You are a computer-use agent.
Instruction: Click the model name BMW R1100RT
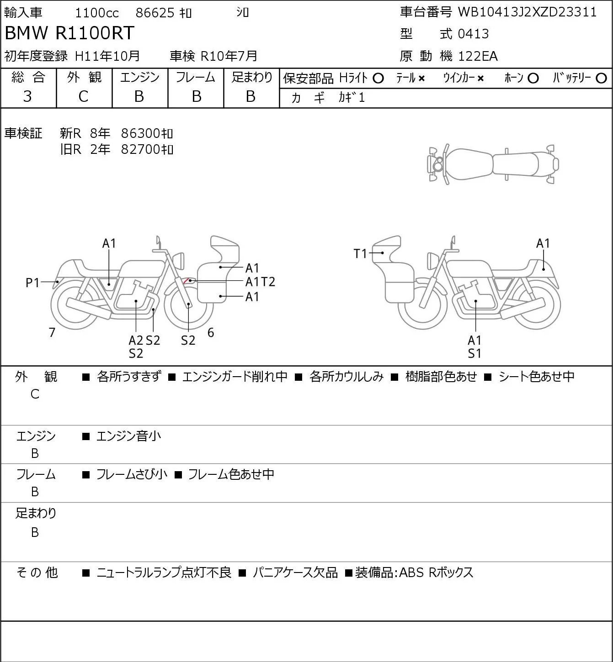[69, 33]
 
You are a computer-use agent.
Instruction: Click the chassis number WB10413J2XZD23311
[527, 12]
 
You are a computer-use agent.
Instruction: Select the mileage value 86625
[155, 13]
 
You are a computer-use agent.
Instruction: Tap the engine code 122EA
[478, 56]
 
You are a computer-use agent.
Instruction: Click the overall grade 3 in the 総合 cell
[27, 96]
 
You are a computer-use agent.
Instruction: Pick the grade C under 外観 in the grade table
[84, 97]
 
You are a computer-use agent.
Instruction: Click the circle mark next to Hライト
[378, 79]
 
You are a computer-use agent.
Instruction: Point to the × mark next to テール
[421, 79]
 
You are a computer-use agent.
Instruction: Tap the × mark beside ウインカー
[480, 79]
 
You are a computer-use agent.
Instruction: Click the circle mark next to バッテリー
[601, 79]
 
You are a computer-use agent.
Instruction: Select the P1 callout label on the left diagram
[33, 283]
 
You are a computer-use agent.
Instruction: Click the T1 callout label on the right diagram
[360, 254]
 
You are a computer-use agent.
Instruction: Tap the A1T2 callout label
[260, 282]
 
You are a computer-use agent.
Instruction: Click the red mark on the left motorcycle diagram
[186, 280]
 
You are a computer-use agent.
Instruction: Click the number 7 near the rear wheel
[52, 332]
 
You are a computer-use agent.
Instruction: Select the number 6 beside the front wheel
[211, 332]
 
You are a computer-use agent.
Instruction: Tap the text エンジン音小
[128, 436]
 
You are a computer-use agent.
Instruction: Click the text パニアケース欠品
[295, 573]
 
